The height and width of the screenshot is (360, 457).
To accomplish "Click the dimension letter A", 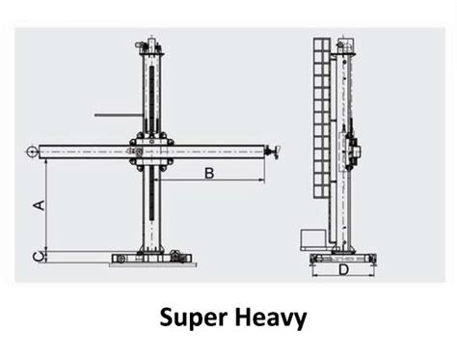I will (39, 205).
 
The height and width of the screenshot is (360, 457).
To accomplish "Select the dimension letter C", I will (37, 255).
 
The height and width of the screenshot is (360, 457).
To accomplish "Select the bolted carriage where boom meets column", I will (153, 151).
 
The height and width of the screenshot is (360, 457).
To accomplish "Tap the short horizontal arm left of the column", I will (116, 116).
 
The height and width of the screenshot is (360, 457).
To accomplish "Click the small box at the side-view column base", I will (310, 238).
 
